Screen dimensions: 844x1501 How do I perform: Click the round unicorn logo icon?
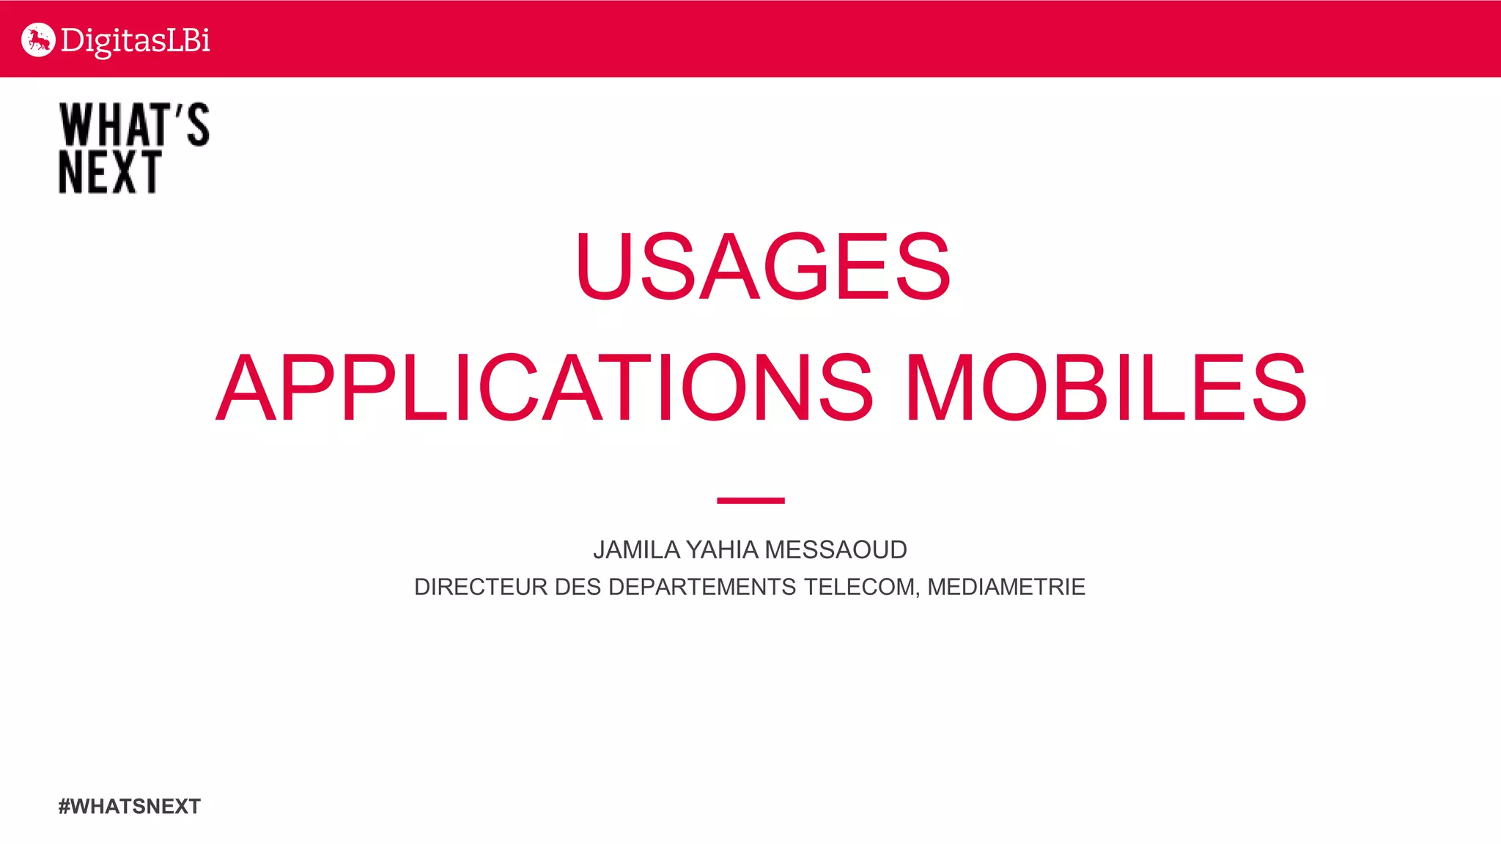click(38, 40)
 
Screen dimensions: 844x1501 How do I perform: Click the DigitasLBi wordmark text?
click(136, 41)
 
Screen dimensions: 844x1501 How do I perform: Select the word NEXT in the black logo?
click(110, 173)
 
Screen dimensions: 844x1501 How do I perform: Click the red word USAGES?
click(763, 266)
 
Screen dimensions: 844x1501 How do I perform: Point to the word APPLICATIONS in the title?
click(545, 388)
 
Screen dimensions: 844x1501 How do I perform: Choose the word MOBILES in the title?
click(1107, 388)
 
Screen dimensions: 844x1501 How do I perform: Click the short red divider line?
click(750, 500)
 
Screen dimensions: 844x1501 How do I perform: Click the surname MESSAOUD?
click(836, 550)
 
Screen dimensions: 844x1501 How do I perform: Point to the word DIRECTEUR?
click(480, 587)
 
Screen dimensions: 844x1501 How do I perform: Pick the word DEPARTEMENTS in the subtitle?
click(702, 587)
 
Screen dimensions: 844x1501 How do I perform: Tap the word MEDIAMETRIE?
click(1006, 587)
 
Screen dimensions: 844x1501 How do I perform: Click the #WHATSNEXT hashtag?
click(130, 807)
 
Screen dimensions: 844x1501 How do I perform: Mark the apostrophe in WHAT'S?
click(178, 111)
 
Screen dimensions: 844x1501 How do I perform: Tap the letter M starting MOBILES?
click(940, 388)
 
